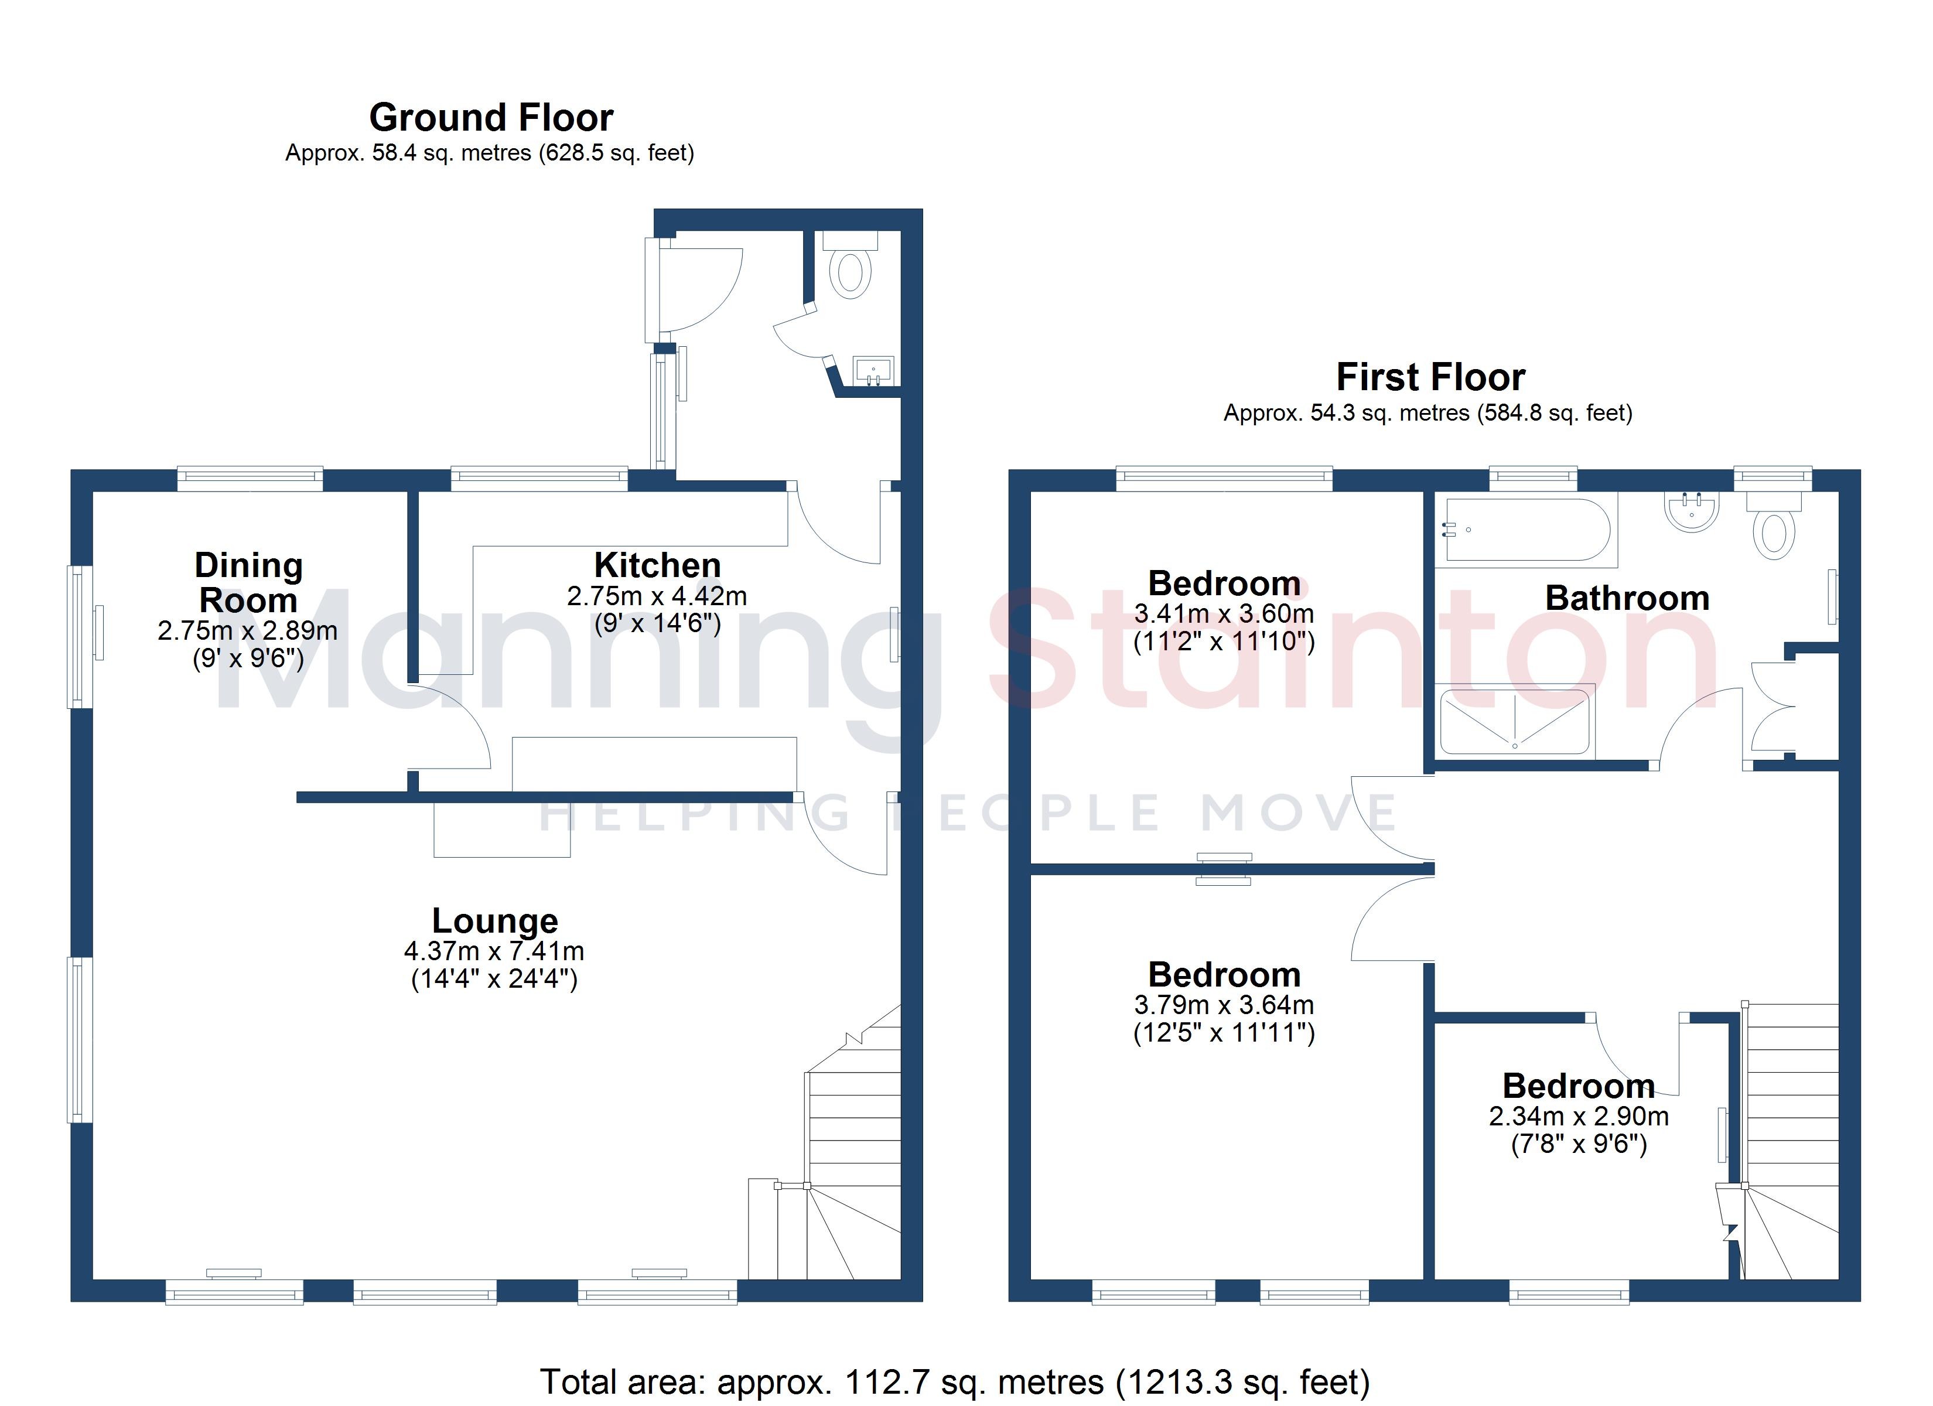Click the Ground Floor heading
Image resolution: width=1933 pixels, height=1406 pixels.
[491, 118]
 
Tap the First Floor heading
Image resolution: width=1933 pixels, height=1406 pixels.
[1430, 377]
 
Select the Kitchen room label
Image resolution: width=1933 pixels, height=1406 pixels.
[657, 565]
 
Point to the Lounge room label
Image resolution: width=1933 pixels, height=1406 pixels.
[494, 921]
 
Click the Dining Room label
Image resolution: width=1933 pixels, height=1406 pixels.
[248, 583]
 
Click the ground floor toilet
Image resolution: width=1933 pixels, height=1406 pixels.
[851, 264]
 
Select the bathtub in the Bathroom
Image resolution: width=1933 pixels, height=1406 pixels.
[1527, 530]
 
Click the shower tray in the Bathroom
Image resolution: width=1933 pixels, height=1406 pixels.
[1515, 721]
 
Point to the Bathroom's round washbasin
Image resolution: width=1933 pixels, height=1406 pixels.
[1691, 511]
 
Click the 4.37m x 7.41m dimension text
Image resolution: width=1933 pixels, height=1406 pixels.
[494, 951]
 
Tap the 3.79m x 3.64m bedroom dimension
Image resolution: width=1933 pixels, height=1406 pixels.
[1224, 1005]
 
